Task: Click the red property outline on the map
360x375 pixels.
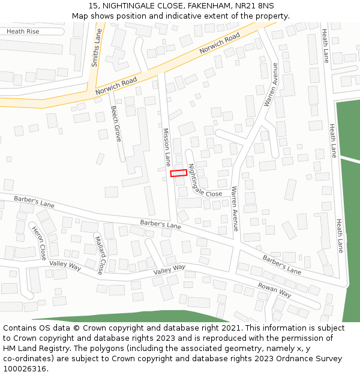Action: pos(178,173)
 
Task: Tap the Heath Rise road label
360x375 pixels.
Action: pos(23,31)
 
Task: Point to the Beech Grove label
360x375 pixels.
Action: pos(116,124)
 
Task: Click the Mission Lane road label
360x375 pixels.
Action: pos(167,146)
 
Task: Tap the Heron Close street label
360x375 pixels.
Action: pos(39,243)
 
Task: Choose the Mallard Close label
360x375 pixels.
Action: pos(100,254)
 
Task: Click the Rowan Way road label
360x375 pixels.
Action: pos(274,290)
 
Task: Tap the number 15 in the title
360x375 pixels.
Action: pos(93,5)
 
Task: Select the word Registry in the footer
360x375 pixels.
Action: pos(61,349)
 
